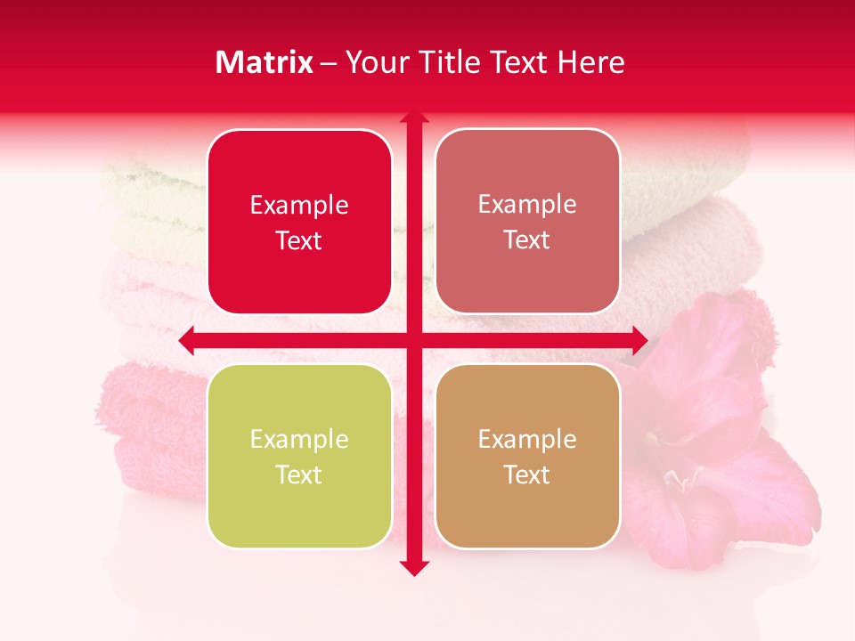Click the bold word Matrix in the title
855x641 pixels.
[x=264, y=62]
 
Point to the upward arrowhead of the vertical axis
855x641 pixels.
[x=413, y=118]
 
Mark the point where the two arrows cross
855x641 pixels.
[x=413, y=340]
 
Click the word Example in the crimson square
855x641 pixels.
[x=299, y=206]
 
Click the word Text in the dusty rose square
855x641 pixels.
[x=527, y=240]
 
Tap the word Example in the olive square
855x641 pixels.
[x=299, y=440]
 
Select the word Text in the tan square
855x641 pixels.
[x=527, y=475]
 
